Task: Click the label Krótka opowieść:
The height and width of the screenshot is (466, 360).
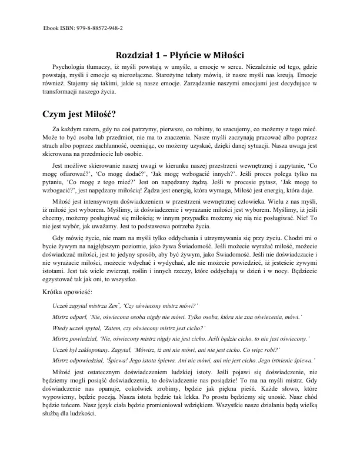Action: pos(68,293)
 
